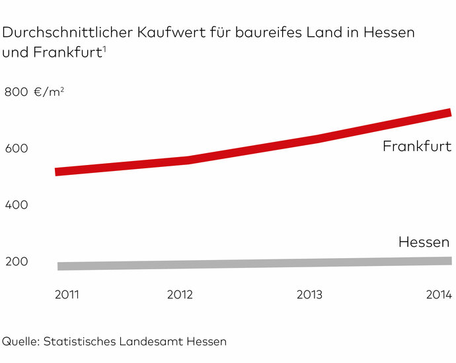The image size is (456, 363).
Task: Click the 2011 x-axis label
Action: (x=67, y=294)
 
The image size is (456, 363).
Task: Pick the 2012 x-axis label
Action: (x=180, y=294)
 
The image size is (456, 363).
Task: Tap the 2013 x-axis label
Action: (x=309, y=294)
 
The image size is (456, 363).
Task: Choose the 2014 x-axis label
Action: (x=438, y=294)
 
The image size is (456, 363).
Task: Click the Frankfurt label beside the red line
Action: (x=417, y=147)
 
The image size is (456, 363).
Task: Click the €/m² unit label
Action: (x=50, y=92)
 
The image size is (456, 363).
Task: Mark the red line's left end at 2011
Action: (x=58, y=172)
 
